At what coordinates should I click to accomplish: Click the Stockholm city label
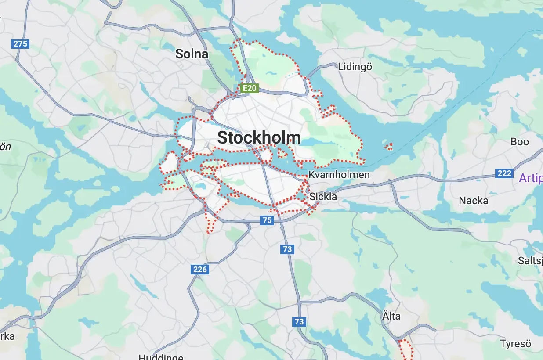(259, 138)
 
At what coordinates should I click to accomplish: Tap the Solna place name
(192, 54)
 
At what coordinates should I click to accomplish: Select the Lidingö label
(355, 67)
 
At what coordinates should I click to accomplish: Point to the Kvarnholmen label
(339, 175)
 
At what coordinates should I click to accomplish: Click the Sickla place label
(323, 196)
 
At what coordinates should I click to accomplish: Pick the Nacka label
(473, 201)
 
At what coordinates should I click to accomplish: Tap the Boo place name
(520, 142)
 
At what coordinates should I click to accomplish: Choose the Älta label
(391, 316)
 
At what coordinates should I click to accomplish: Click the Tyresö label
(515, 343)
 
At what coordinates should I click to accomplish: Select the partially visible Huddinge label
(161, 357)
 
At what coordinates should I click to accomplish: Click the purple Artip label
(531, 178)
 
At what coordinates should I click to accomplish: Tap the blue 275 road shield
(20, 43)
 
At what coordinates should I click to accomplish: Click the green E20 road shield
(250, 88)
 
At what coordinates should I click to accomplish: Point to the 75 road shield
(267, 220)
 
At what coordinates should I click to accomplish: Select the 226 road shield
(200, 269)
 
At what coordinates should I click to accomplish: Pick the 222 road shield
(504, 173)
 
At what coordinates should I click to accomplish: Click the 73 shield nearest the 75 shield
(287, 249)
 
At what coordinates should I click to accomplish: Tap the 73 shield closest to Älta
(299, 321)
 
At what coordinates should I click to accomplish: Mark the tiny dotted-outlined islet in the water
(388, 146)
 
